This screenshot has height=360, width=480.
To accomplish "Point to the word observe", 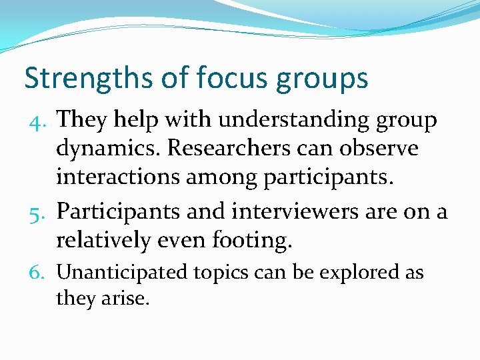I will pos(377,148).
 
